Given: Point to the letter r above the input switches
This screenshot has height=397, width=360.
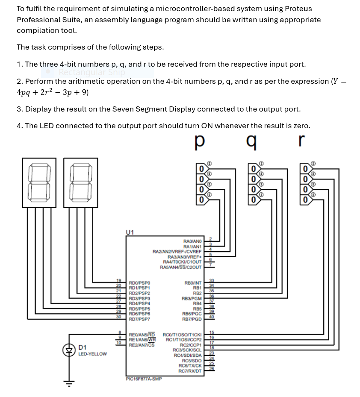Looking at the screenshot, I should pyautogui.click(x=302, y=141).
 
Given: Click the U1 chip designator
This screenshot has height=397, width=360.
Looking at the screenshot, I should pyautogui.click(x=130, y=232).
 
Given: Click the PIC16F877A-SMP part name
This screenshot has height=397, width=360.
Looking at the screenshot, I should pyautogui.click(x=144, y=378).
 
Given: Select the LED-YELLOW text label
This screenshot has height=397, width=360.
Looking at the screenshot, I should pyautogui.click(x=92, y=354).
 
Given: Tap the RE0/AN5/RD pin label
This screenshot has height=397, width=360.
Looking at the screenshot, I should pyautogui.click(x=142, y=334).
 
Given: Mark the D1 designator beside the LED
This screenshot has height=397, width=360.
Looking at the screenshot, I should pyautogui.click(x=83, y=347).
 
